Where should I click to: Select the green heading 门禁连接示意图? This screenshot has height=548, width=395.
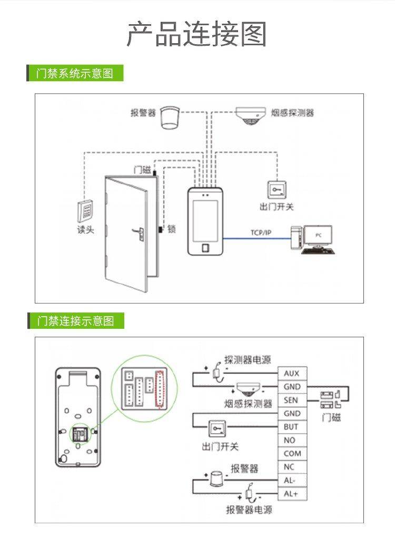click(75, 320)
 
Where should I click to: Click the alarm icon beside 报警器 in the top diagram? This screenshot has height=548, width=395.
click(170, 117)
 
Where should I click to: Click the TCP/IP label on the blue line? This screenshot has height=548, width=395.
click(261, 232)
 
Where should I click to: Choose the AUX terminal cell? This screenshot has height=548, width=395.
click(292, 374)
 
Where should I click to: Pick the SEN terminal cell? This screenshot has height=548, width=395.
click(292, 400)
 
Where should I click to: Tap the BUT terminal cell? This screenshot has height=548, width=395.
click(292, 427)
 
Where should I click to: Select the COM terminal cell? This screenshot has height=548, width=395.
click(292, 454)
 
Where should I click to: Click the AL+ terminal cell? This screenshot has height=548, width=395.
click(292, 494)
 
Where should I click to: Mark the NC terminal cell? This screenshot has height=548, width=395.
click(292, 467)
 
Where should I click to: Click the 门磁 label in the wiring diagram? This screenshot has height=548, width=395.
click(331, 417)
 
